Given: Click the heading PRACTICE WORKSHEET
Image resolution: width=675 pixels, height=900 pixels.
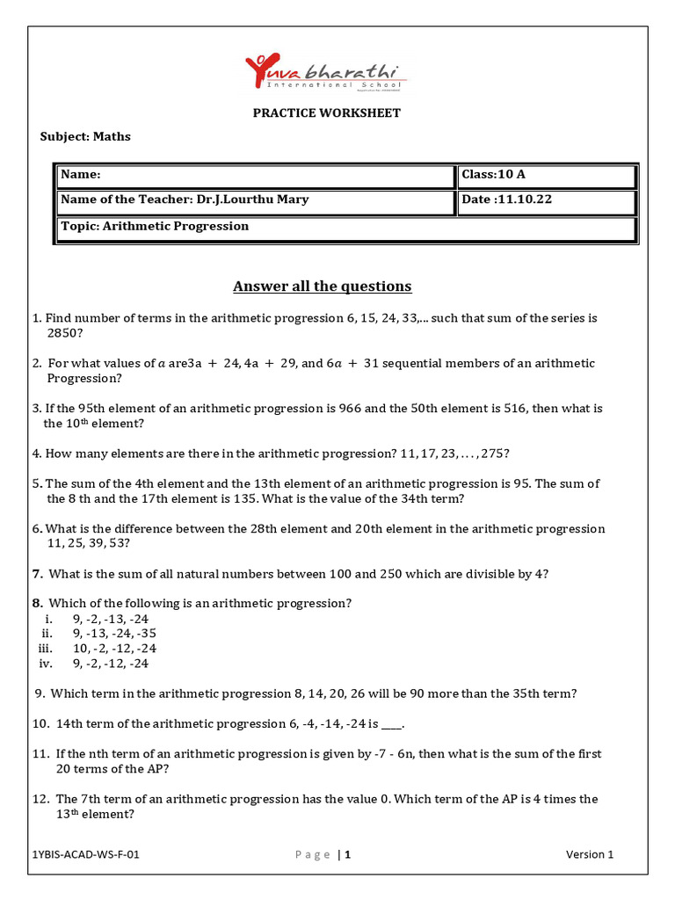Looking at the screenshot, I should tap(326, 112).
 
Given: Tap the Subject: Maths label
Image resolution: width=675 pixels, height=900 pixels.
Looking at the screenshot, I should tap(85, 136).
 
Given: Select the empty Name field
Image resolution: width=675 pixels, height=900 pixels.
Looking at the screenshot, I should tap(255, 175).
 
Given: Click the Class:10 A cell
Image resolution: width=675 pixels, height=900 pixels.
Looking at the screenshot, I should tap(493, 175).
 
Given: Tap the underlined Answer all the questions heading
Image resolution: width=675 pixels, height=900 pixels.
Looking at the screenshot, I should tap(322, 287).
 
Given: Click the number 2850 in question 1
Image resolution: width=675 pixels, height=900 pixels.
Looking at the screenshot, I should tap(62, 334).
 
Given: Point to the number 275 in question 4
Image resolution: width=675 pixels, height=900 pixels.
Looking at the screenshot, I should tap(491, 454).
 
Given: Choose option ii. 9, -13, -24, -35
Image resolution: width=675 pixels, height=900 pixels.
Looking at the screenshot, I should tap(114, 633).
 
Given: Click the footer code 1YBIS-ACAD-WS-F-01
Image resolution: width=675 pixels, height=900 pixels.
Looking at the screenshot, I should tap(84, 854).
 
